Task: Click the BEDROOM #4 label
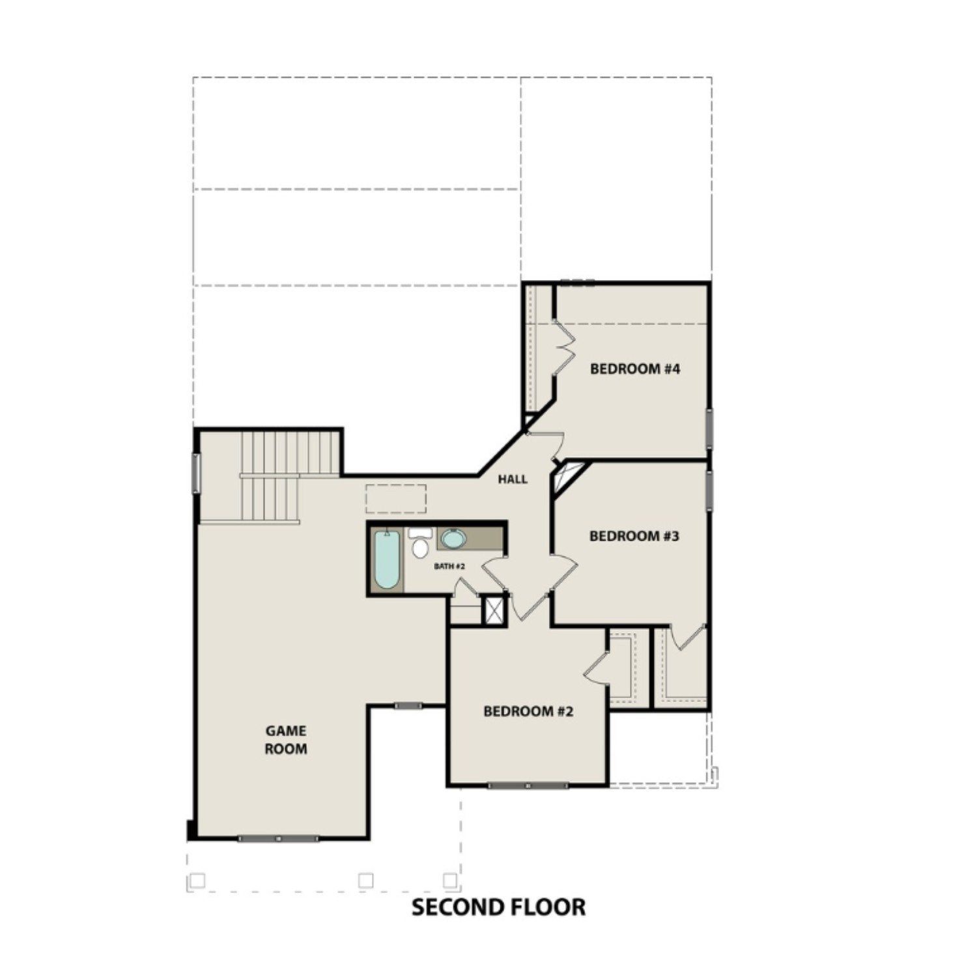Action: (634, 369)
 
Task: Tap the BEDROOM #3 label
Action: (634, 536)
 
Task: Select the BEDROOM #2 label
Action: (528, 711)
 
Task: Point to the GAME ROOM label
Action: (285, 740)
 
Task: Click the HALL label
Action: (513, 479)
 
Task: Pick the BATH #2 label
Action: (449, 566)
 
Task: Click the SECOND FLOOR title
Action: (498, 907)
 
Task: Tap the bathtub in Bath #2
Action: (386, 559)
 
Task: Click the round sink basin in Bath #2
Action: (453, 539)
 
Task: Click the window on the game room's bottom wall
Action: (278, 839)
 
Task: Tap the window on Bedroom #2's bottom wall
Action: (528, 786)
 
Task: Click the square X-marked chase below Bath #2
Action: (494, 610)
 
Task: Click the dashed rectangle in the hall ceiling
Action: (395, 499)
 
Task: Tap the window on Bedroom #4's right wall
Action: (710, 429)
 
